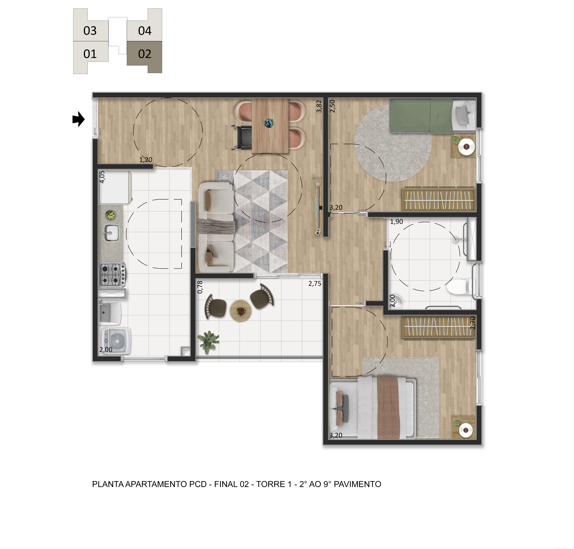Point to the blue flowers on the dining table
(x=269, y=123)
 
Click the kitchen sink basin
(x=111, y=233)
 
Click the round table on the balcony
(x=241, y=311)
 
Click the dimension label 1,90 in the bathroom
(x=397, y=222)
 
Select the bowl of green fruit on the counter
(x=110, y=215)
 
